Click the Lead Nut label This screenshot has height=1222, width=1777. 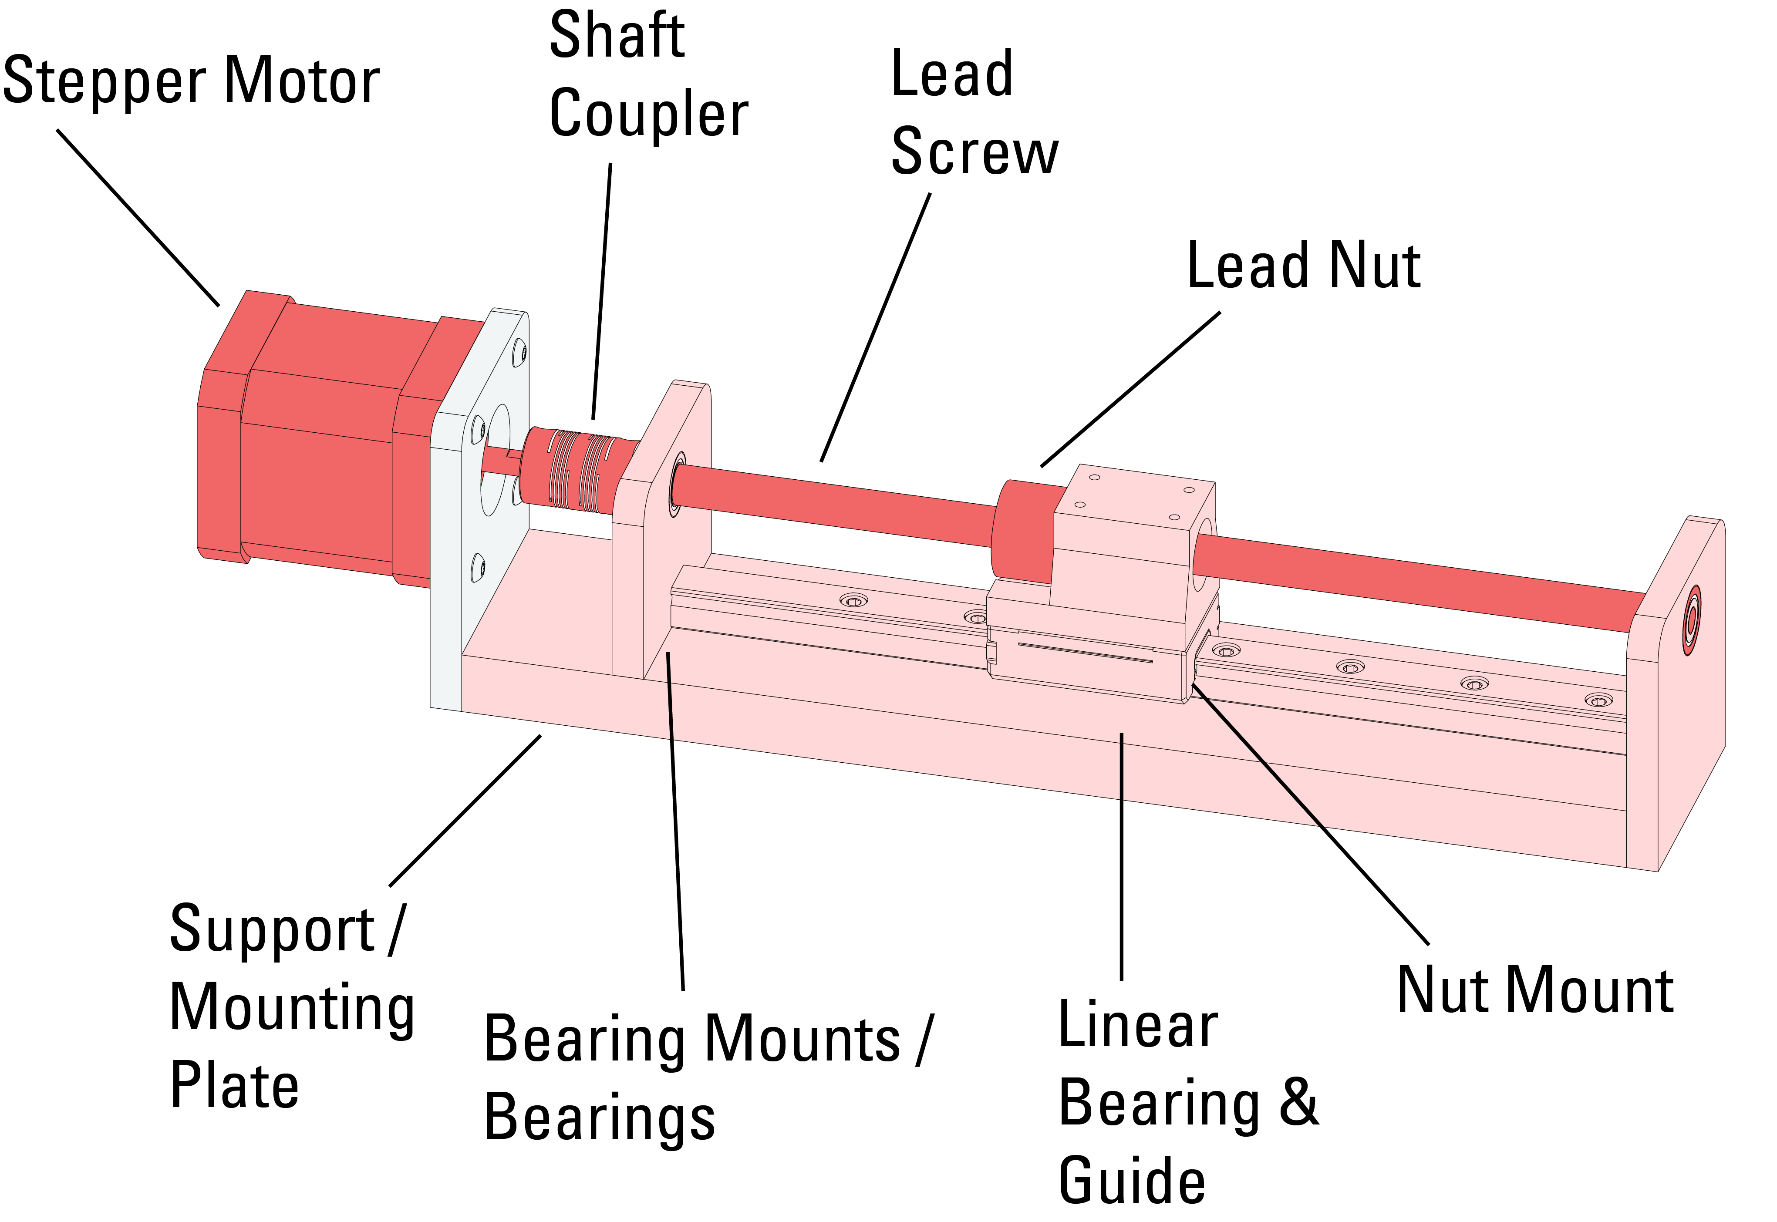(1303, 266)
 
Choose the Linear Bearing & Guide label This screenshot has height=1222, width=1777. (1187, 1103)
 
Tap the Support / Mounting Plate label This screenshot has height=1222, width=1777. (291, 1007)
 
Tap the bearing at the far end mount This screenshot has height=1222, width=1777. (1691, 621)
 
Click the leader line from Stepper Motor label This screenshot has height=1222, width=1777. (138, 217)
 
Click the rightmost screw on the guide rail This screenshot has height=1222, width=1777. (1598, 700)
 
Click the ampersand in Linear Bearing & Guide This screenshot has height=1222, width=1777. (1299, 1103)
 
